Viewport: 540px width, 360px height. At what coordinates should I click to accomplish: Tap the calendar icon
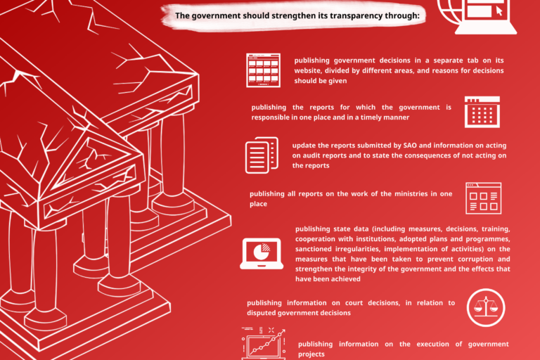482,112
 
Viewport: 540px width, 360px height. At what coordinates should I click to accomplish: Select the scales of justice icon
486,307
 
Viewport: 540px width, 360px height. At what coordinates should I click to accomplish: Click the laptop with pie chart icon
262,254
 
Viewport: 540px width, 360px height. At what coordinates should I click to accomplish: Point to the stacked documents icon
262,155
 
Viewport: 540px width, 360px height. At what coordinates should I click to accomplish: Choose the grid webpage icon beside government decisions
263,70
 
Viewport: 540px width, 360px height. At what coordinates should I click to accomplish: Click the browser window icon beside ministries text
483,198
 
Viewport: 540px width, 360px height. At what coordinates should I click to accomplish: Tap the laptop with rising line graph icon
264,343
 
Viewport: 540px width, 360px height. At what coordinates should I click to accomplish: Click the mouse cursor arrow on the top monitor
499,11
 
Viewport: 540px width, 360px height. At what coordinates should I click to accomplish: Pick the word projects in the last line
311,354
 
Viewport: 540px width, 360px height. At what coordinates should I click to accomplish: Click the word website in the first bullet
307,70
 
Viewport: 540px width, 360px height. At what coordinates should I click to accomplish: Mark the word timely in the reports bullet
373,117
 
